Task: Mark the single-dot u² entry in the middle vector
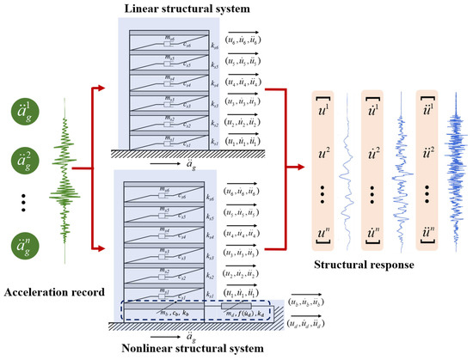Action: click(379, 152)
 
